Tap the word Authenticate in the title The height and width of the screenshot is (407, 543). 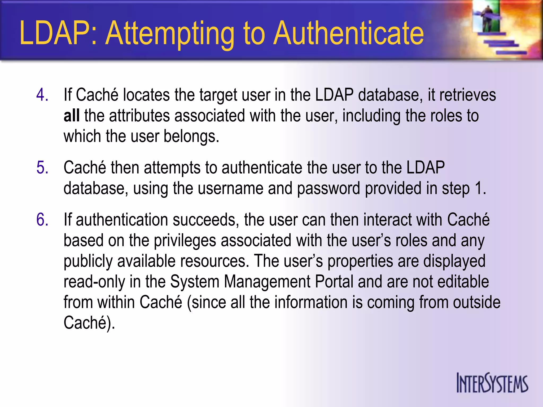(x=348, y=33)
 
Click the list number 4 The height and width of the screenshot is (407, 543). (x=42, y=95)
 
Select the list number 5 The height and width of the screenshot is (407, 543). (x=42, y=167)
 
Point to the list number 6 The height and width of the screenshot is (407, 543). (x=42, y=220)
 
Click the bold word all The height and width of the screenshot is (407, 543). (x=71, y=116)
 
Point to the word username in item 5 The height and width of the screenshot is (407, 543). (x=230, y=188)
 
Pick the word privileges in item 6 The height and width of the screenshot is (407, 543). (x=185, y=241)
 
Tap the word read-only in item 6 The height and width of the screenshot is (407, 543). (x=94, y=281)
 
